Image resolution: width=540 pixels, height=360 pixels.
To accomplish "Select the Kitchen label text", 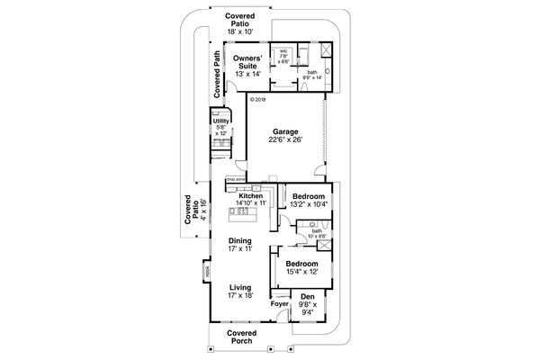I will (x=251, y=195).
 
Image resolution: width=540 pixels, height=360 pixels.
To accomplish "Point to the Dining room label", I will (x=239, y=241).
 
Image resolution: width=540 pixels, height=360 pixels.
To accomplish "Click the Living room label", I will (x=239, y=288).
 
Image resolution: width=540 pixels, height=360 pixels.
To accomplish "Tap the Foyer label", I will (x=278, y=304).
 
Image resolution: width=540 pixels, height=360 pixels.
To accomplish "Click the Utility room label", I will (x=220, y=121).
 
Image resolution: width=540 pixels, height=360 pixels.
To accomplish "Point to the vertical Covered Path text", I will (x=217, y=75).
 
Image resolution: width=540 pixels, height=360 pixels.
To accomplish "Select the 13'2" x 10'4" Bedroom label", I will (x=309, y=195).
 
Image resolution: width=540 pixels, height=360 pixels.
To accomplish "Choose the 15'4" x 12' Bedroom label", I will (x=302, y=265).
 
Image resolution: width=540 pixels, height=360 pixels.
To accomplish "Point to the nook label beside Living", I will (x=205, y=270).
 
